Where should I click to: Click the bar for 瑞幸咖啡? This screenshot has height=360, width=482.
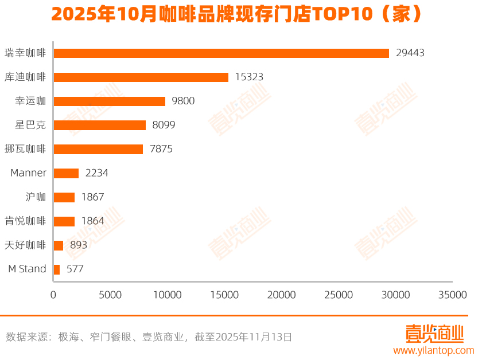tap(221, 53)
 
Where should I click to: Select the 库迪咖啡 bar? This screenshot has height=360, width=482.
tap(141, 77)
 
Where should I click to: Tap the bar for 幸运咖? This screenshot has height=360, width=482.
tap(109, 101)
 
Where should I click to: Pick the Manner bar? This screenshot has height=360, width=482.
tap(66, 173)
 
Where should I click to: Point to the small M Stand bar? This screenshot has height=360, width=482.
tap(56, 269)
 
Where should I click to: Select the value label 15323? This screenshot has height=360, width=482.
tap(249, 77)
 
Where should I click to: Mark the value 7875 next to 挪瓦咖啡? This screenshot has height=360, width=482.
tap(161, 149)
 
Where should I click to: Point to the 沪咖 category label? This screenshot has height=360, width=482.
tap(36, 197)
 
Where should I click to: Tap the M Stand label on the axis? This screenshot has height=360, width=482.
tap(27, 269)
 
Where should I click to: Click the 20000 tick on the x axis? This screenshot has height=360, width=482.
tap(281, 295)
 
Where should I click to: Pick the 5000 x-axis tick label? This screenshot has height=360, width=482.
tap(110, 295)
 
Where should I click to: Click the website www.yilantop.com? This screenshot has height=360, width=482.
tap(433, 350)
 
